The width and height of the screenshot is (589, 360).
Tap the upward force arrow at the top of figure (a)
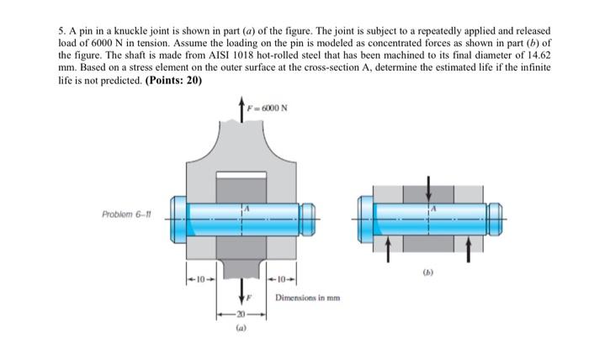[244, 113]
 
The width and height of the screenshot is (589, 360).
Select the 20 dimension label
[244, 312]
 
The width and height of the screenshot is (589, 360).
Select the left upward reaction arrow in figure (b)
[388, 246]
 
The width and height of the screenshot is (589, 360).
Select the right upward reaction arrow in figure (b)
[469, 246]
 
